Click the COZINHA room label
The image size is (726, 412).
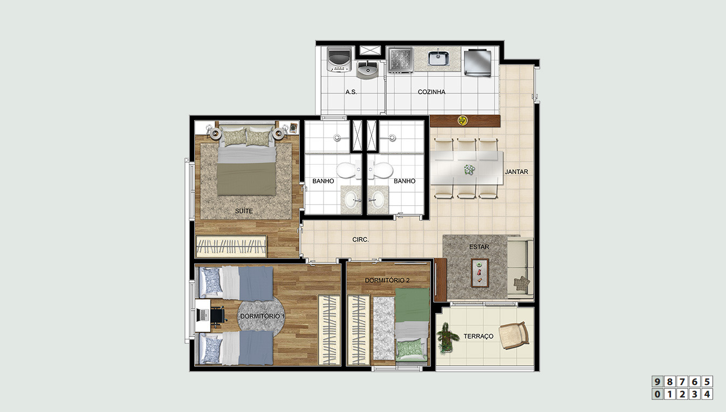[x=432, y=92]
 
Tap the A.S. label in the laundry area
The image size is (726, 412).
[x=351, y=92]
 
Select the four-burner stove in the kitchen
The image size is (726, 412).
[x=401, y=60]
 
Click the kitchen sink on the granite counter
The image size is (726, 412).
[x=439, y=58]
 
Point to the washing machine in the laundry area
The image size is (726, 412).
[x=339, y=60]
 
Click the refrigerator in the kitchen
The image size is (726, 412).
[x=477, y=63]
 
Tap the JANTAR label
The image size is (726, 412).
[x=517, y=172]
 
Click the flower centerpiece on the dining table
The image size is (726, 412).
[x=469, y=169]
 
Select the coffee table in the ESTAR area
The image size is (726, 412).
[x=480, y=273]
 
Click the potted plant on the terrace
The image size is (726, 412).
[x=447, y=337]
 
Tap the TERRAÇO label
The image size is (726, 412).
[x=478, y=336]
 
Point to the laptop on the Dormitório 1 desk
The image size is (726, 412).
[x=203, y=315]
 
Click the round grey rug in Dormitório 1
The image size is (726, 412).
[x=261, y=316]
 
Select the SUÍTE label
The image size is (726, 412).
[x=244, y=211]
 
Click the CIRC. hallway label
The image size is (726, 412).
[x=360, y=240]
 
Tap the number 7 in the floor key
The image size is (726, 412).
[x=682, y=382]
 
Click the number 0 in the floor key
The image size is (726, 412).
[x=657, y=394]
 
